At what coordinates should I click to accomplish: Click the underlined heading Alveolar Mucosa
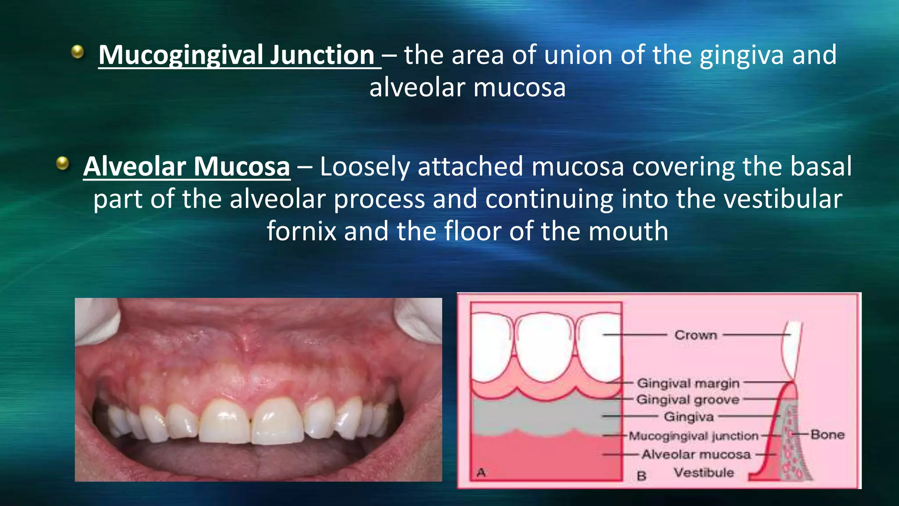pyautogui.click(x=187, y=167)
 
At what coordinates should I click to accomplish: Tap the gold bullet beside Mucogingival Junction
pyautogui.click(x=78, y=52)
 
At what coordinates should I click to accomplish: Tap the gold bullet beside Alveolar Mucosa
pyautogui.click(x=63, y=163)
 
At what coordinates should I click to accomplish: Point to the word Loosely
pyautogui.click(x=364, y=167)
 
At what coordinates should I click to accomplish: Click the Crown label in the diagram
pyautogui.click(x=696, y=335)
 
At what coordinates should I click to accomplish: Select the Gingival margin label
pyautogui.click(x=688, y=383)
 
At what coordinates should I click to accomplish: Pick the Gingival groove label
pyautogui.click(x=688, y=400)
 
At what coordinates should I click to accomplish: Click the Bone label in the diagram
pyautogui.click(x=827, y=435)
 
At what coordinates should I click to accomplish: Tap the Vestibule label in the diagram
pyautogui.click(x=704, y=473)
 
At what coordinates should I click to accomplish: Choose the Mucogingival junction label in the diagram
pyautogui.click(x=694, y=436)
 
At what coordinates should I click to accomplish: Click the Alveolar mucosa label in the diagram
pyautogui.click(x=696, y=454)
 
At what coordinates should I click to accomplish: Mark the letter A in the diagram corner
pyautogui.click(x=481, y=473)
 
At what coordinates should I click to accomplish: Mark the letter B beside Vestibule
pyautogui.click(x=641, y=476)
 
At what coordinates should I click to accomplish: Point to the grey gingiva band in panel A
pyautogui.click(x=544, y=415)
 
